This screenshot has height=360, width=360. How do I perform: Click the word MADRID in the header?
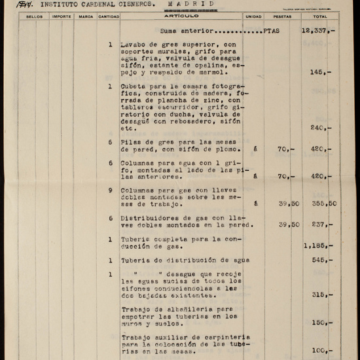click(190, 4)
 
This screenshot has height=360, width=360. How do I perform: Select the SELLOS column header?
click(35, 16)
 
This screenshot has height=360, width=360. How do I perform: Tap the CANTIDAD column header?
click(109, 16)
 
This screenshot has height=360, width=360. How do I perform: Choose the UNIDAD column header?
click(253, 16)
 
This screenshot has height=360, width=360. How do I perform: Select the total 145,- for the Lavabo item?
click(321, 73)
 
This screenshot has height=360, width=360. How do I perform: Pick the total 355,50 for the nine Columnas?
click(323, 203)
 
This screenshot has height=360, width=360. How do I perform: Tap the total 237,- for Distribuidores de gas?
click(321, 225)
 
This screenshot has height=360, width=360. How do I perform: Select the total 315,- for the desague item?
click(321, 295)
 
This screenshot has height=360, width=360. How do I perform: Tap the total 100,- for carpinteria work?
click(321, 350)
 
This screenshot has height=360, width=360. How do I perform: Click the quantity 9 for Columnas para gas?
click(110, 190)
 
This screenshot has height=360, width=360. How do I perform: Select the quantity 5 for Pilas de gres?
click(110, 141)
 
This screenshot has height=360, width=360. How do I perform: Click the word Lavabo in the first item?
click(134, 45)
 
